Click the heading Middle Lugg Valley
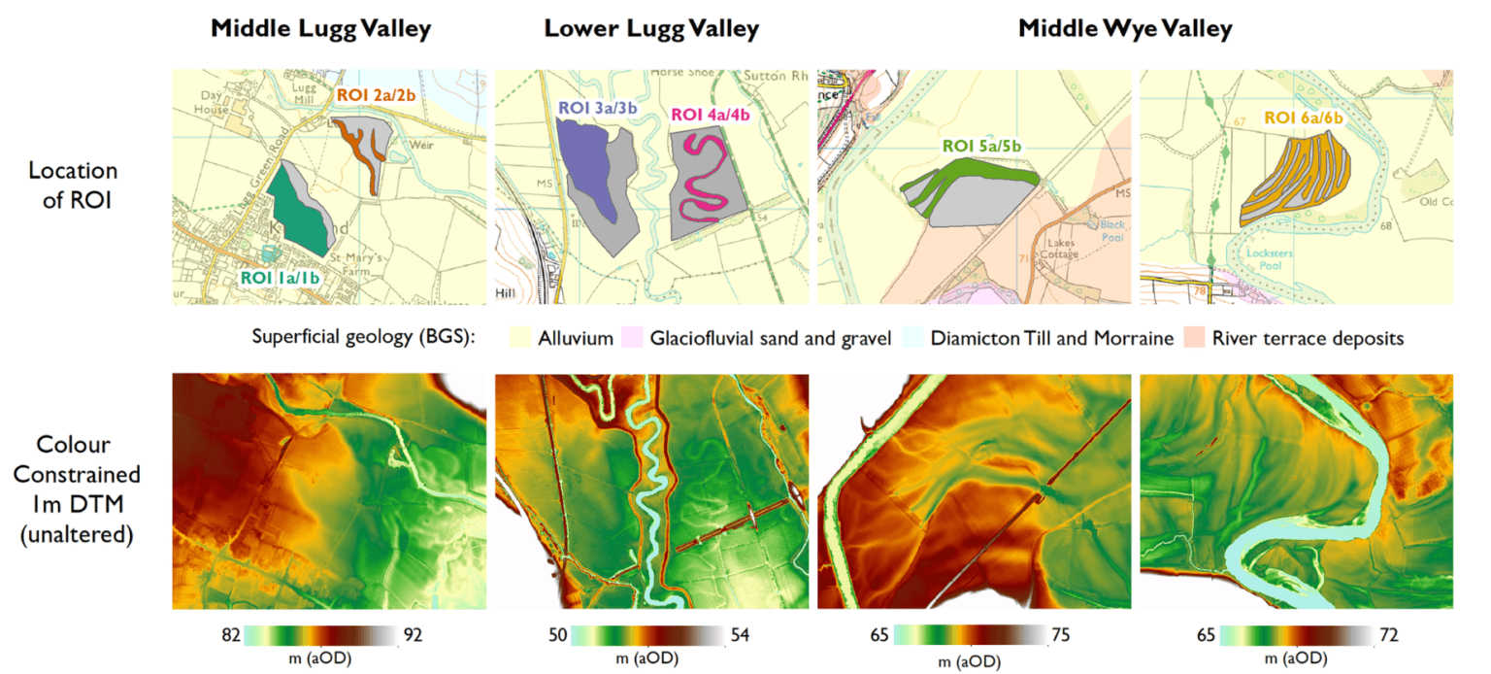(x=321, y=29)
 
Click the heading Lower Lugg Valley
(x=651, y=29)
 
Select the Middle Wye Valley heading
(x=1125, y=29)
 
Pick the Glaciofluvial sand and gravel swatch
(x=635, y=339)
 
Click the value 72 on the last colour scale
(x=1389, y=635)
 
